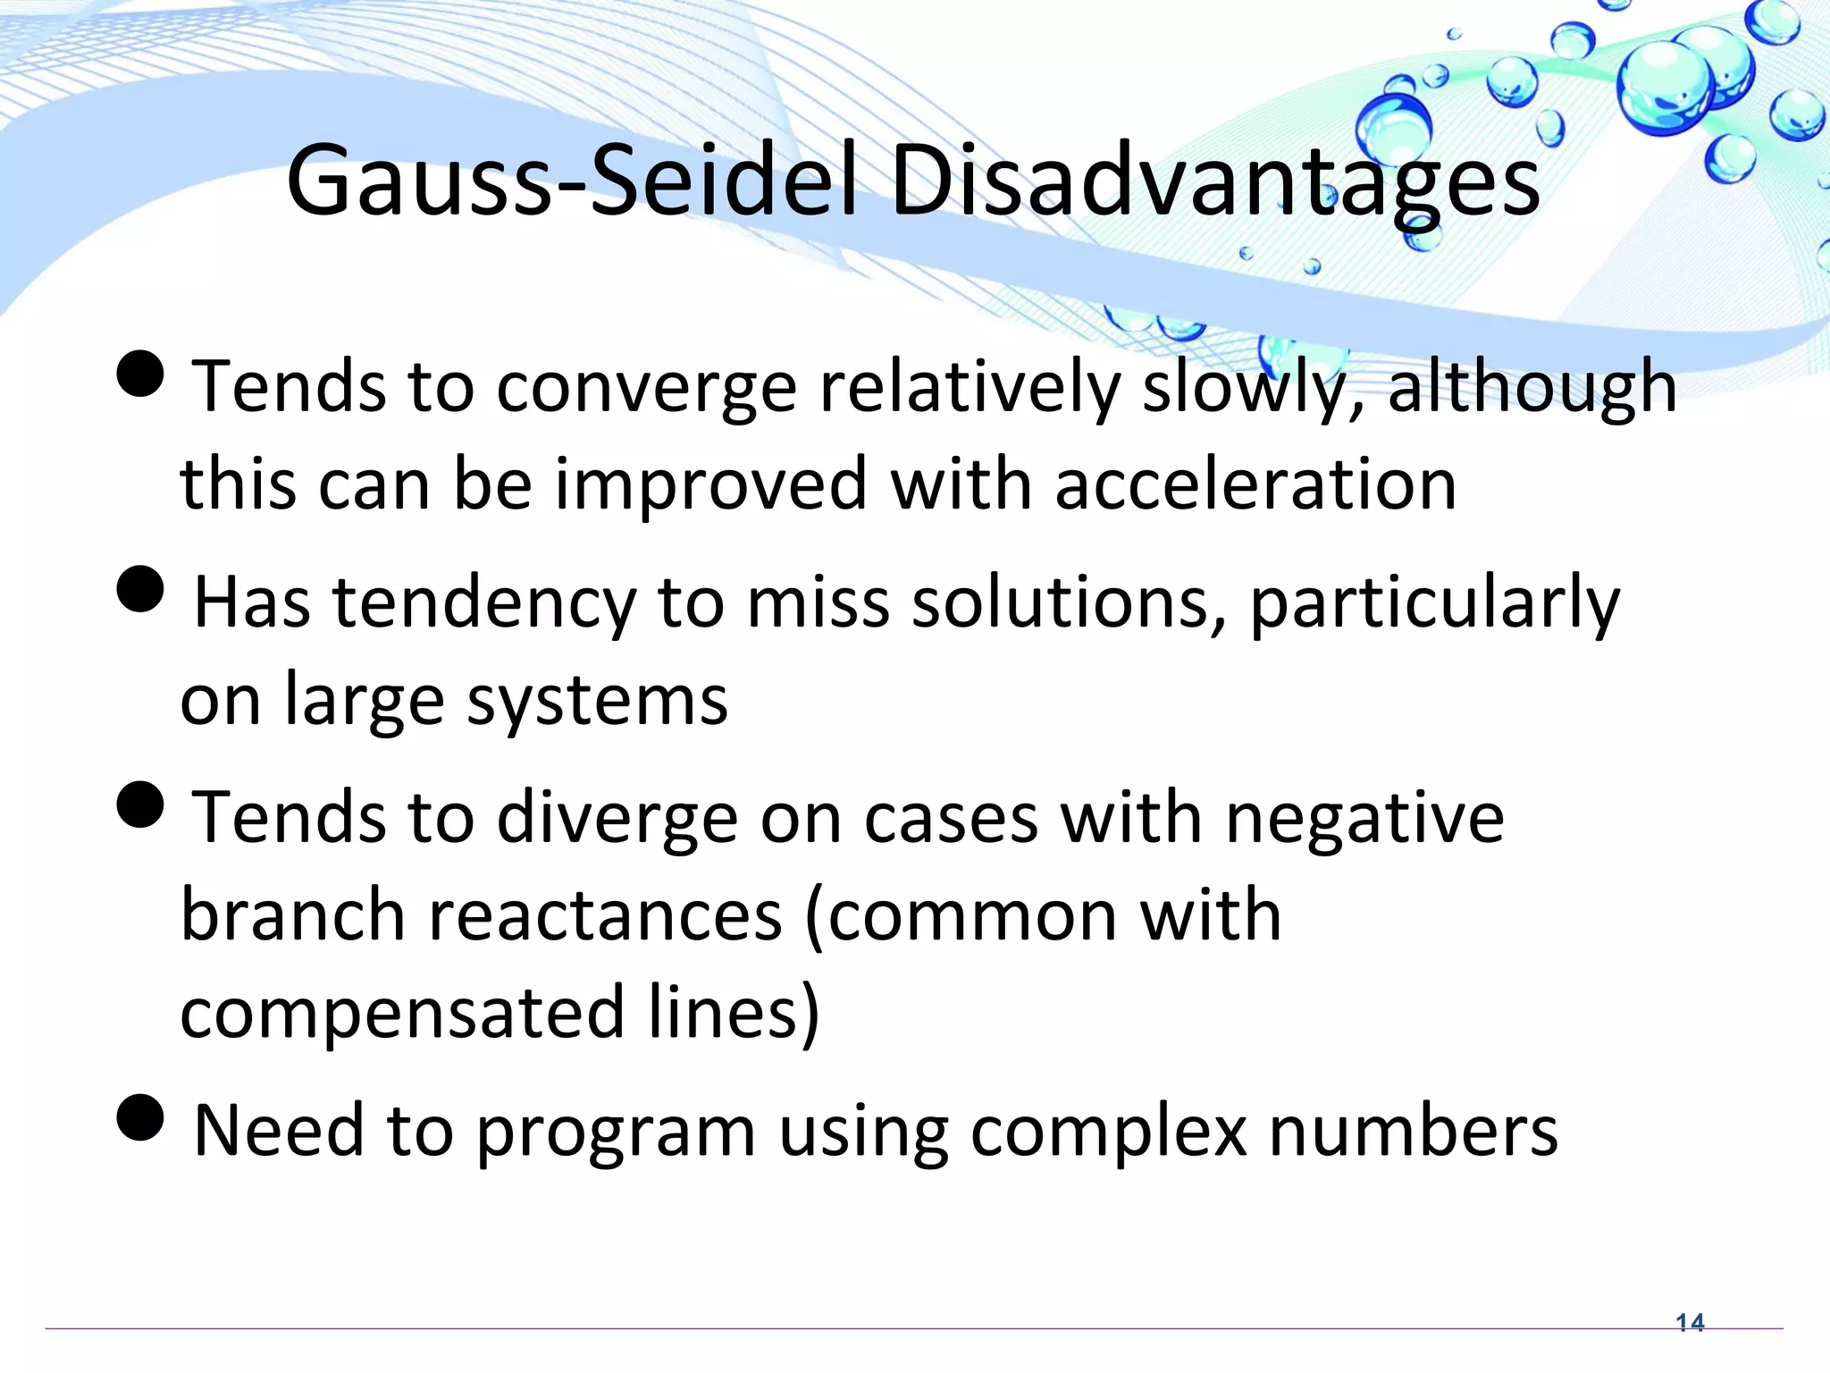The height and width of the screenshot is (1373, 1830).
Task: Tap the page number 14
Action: click(1690, 1322)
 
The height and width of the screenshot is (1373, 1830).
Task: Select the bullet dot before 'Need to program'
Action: click(141, 1118)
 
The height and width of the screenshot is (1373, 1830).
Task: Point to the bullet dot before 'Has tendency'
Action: click(141, 590)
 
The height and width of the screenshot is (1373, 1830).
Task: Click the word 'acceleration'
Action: click(1255, 484)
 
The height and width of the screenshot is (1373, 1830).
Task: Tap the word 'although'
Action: click(1532, 386)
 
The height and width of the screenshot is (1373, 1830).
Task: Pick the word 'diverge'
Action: click(617, 819)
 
